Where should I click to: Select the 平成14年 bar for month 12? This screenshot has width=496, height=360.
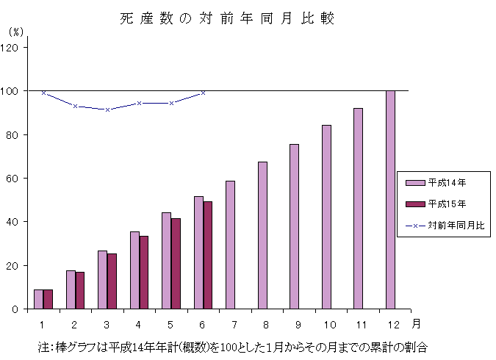coord(390,199)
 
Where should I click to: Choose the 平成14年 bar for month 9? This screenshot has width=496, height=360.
coord(294,226)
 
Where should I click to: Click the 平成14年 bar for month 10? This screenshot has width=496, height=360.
coord(326,217)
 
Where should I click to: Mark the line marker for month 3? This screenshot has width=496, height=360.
coord(107,109)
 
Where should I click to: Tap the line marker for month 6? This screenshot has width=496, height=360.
coord(203,93)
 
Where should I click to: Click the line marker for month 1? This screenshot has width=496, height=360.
coord(43,93)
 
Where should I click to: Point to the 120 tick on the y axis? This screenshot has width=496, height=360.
coord(14,47)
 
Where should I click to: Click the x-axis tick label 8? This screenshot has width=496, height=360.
coord(262,323)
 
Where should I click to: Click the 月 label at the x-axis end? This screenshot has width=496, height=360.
coord(417,323)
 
